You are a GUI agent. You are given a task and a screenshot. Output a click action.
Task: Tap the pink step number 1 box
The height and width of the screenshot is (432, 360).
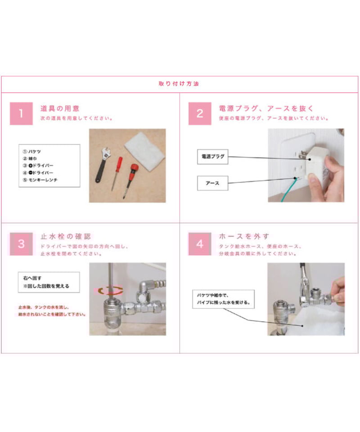click(21, 114)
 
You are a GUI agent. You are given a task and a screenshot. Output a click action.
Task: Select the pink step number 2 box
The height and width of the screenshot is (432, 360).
click(199, 114)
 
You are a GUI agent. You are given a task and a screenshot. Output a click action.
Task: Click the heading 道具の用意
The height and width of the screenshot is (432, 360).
click(60, 108)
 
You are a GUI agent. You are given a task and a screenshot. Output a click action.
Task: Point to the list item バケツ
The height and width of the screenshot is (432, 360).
click(35, 152)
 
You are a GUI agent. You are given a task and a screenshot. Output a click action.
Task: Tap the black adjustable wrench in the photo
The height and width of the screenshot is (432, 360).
click(102, 164)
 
